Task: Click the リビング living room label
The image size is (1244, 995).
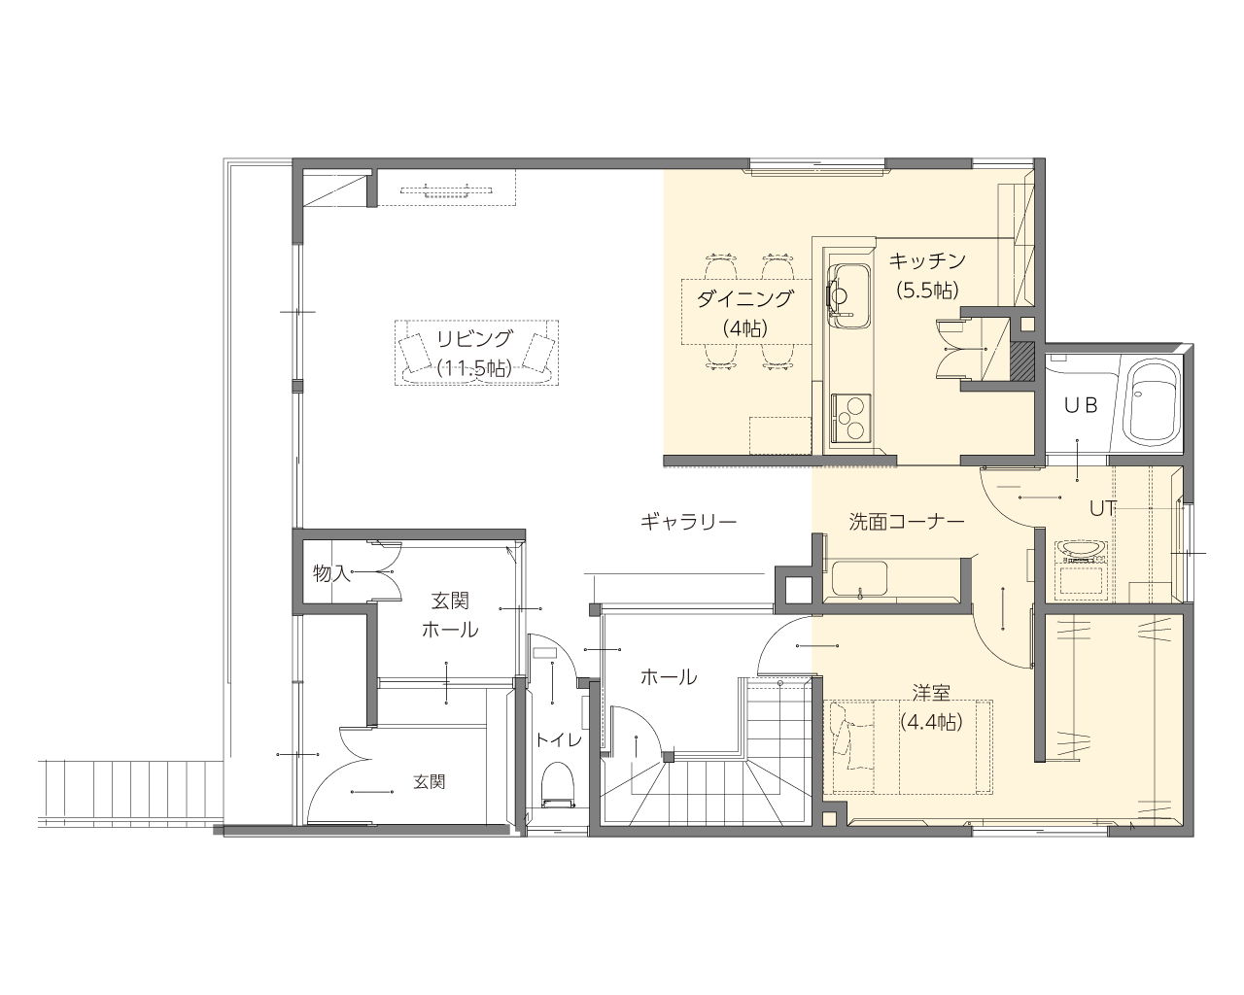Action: [x=474, y=339]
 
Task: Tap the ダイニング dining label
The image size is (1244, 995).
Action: [x=744, y=299]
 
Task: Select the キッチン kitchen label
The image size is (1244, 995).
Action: [x=927, y=260]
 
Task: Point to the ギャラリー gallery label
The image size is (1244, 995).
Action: [x=688, y=522]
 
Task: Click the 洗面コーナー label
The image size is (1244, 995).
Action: [x=907, y=522]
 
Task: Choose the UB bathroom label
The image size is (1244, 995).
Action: [x=1081, y=406]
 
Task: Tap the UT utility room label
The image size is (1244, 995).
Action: [x=1102, y=508]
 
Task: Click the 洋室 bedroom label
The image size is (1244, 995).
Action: [x=931, y=693]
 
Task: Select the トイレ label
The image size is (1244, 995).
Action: [x=558, y=739]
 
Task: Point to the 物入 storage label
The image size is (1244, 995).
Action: [x=331, y=573]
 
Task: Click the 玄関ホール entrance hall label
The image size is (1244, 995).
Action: [x=450, y=615]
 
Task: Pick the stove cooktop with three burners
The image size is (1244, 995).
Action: [x=851, y=418]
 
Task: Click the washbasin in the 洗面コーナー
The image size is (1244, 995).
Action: [x=859, y=579]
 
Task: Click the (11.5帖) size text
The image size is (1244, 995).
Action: [x=474, y=367]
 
